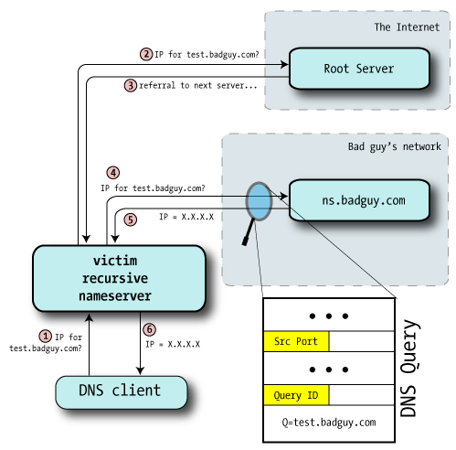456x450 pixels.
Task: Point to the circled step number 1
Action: coord(45,336)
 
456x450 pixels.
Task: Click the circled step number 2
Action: coord(146,54)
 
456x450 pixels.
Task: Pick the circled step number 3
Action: coord(131,85)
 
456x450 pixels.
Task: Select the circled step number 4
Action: coord(113,171)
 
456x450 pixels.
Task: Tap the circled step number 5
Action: coord(130,220)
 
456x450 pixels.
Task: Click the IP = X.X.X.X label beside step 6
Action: coord(173,345)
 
